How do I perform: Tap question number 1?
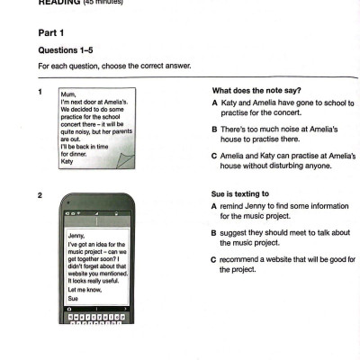[40, 91]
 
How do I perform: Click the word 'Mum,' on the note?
[67, 94]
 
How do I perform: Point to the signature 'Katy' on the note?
[67, 162]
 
